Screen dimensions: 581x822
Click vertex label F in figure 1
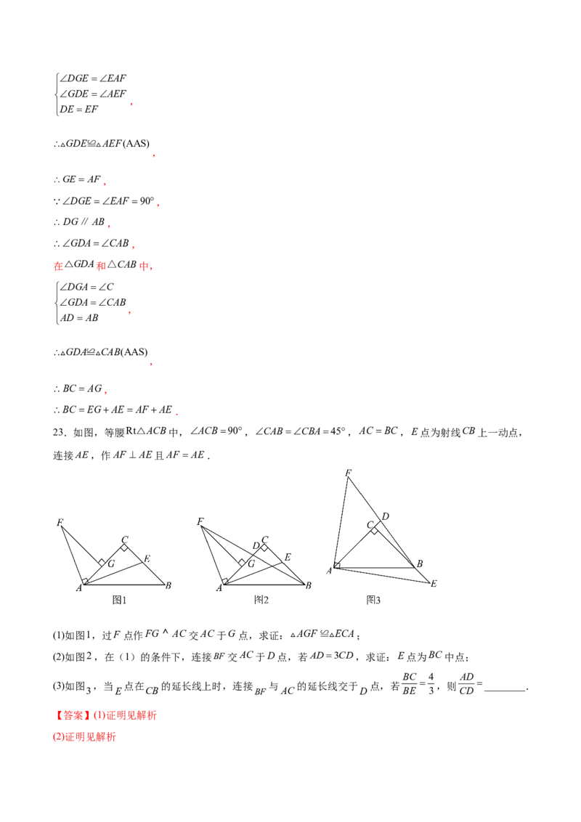[x=60, y=522]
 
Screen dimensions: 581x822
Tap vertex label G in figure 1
[x=111, y=564]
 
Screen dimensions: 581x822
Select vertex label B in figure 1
[x=168, y=585]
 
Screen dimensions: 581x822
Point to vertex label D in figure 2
[x=256, y=546]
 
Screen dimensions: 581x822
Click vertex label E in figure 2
[x=288, y=557]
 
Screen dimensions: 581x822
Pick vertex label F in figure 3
[x=348, y=473]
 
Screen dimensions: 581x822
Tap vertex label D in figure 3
[x=386, y=516]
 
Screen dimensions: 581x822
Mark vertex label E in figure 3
[x=434, y=584]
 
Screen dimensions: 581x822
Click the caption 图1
[x=120, y=600]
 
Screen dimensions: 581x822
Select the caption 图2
[x=261, y=600]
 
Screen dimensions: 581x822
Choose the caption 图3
[x=373, y=600]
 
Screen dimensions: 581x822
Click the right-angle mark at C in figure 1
[x=124, y=548]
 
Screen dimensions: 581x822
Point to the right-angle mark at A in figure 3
[x=337, y=565]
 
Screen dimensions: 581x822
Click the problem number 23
[x=59, y=433]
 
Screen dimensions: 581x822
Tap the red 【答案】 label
[x=72, y=715]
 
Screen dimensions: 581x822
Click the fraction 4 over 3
[x=431, y=683]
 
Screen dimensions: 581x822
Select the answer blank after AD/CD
[x=505, y=690]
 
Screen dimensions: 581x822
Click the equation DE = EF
[x=78, y=109]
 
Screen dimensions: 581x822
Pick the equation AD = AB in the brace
[x=79, y=317]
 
